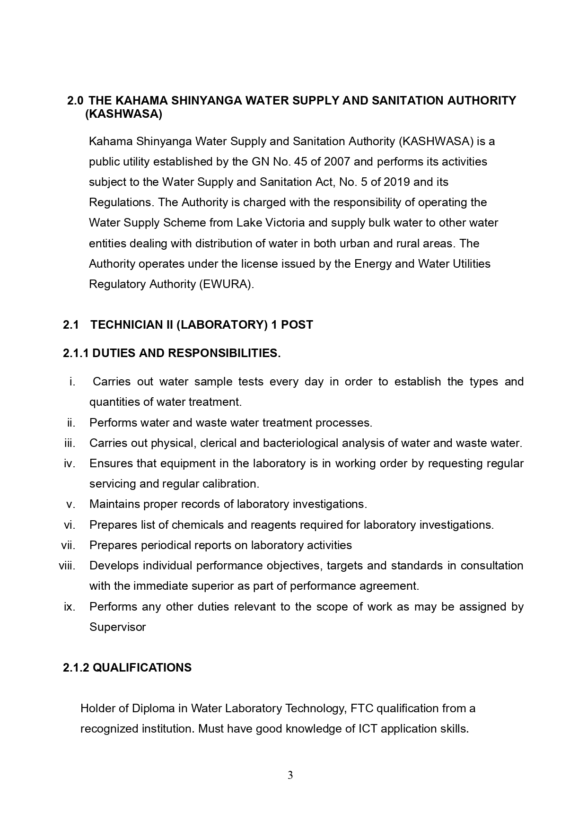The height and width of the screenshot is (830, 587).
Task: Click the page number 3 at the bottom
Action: (x=290, y=775)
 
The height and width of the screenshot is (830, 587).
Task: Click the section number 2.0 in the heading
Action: (x=75, y=101)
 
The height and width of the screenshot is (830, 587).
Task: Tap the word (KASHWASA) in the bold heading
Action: (x=123, y=114)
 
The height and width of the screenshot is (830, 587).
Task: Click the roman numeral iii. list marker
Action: (x=70, y=443)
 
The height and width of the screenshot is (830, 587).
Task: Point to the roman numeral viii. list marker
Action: (x=67, y=566)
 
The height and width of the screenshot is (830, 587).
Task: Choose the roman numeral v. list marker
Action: (x=71, y=504)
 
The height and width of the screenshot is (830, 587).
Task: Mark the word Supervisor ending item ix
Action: (x=117, y=627)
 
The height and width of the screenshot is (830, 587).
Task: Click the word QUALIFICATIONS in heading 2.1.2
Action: (x=142, y=668)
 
